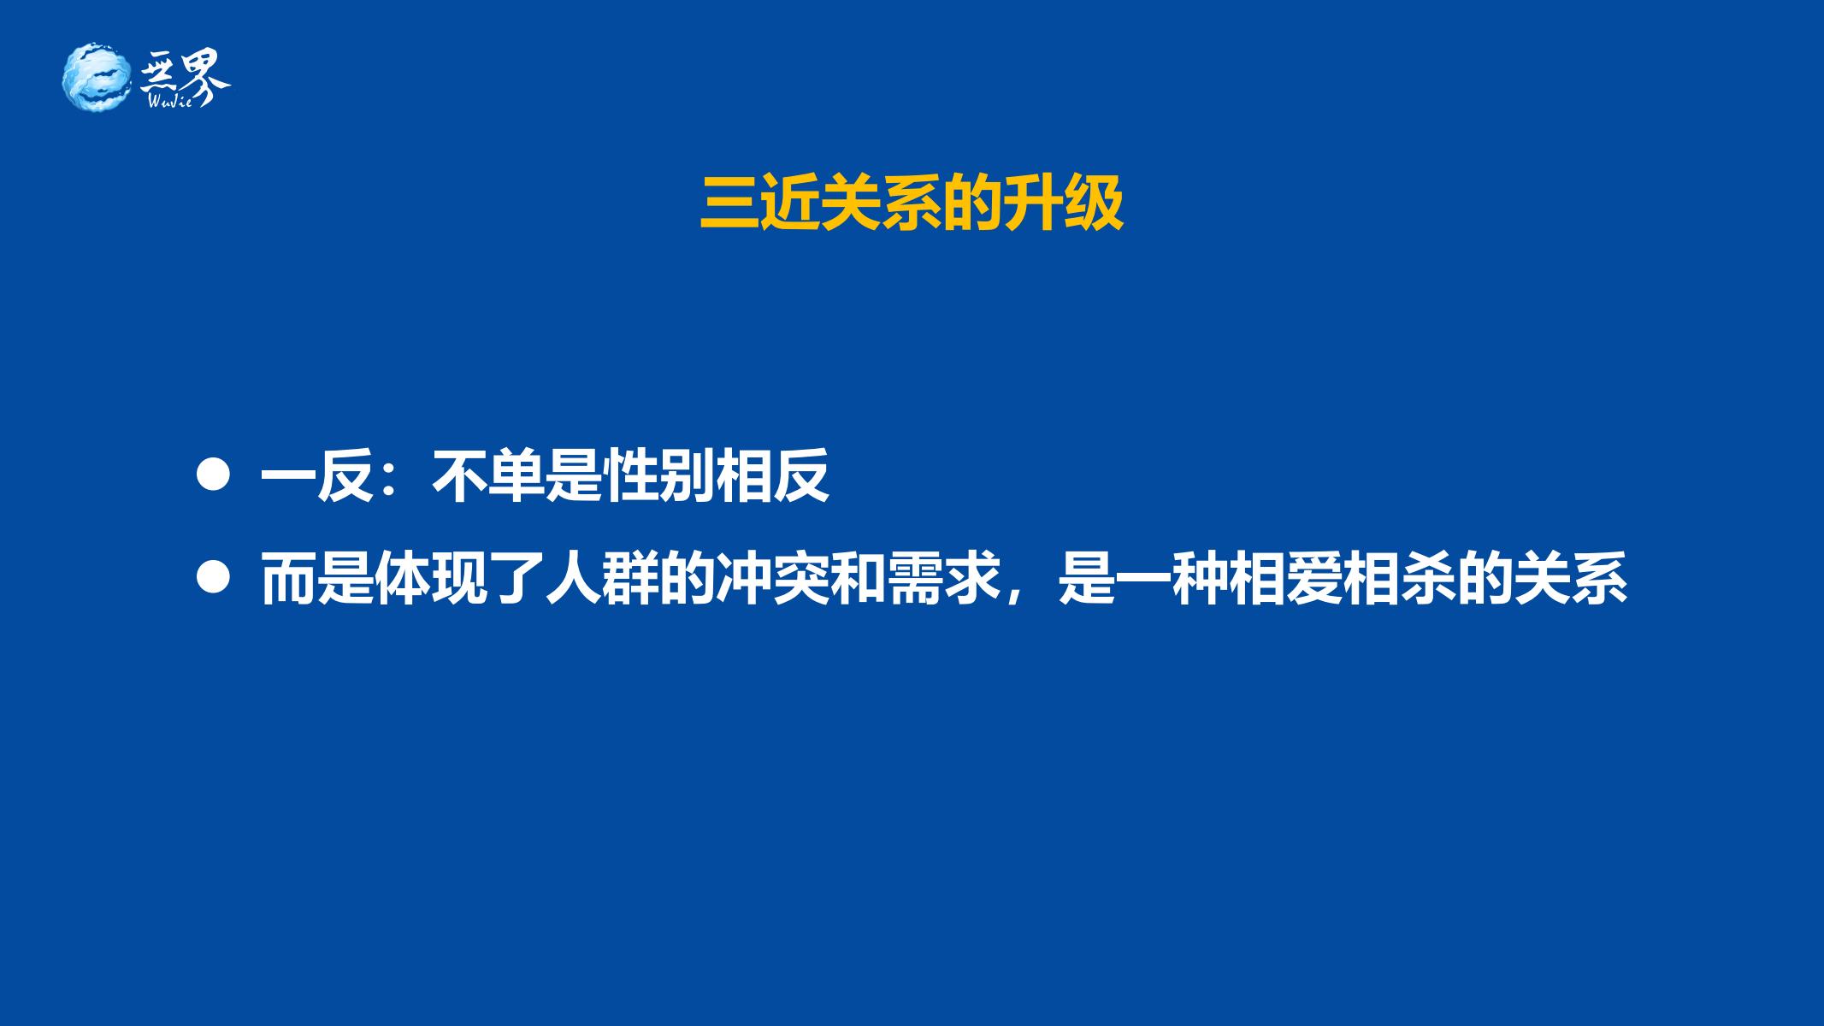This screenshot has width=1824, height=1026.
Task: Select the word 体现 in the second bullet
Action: coord(431,579)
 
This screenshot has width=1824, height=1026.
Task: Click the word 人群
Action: coord(602,579)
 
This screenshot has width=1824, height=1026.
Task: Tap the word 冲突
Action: coord(773,579)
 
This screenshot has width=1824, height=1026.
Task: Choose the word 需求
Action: coord(944,579)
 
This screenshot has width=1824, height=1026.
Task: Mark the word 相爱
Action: coord(1286,579)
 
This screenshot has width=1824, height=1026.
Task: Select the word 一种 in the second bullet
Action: coord(1172,579)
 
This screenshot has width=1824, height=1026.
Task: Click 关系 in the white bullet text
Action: coord(1571,579)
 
